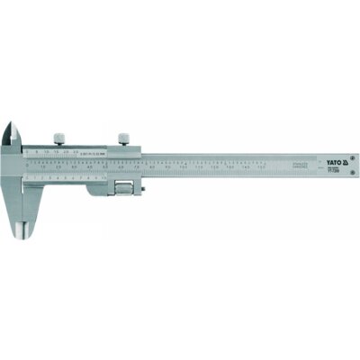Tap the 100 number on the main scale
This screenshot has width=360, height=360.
click(x=184, y=167)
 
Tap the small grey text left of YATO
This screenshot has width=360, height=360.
click(x=304, y=166)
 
